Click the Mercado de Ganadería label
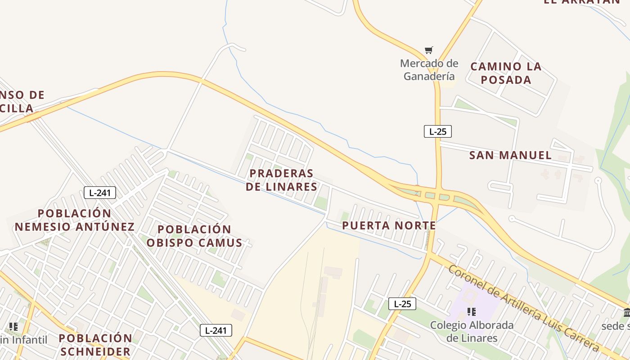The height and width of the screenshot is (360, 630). (x=429, y=70)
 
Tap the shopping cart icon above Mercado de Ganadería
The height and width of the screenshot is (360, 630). (x=429, y=50)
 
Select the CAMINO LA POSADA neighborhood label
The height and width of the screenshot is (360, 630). (x=506, y=73)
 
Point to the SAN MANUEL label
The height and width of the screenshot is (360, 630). (x=510, y=156)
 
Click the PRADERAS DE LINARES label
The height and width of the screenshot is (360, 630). (x=282, y=180)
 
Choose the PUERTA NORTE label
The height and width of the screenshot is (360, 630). (x=389, y=225)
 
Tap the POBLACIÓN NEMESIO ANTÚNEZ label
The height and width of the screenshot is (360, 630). (x=75, y=220)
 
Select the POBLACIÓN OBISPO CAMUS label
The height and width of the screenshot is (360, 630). (x=194, y=236)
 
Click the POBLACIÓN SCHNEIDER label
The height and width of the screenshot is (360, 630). (x=95, y=345)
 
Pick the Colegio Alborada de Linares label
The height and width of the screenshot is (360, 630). (x=472, y=332)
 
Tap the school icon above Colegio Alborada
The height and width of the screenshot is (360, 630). (x=472, y=311)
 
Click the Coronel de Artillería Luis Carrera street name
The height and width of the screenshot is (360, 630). (x=524, y=309)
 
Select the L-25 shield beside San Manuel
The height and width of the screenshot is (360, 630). (x=437, y=131)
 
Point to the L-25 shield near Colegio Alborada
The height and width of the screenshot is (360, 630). (x=402, y=304)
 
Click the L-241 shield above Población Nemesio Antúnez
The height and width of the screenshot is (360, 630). (x=100, y=193)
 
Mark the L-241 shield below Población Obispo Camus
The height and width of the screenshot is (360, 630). (x=216, y=330)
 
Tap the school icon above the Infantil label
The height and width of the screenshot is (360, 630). (x=13, y=326)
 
